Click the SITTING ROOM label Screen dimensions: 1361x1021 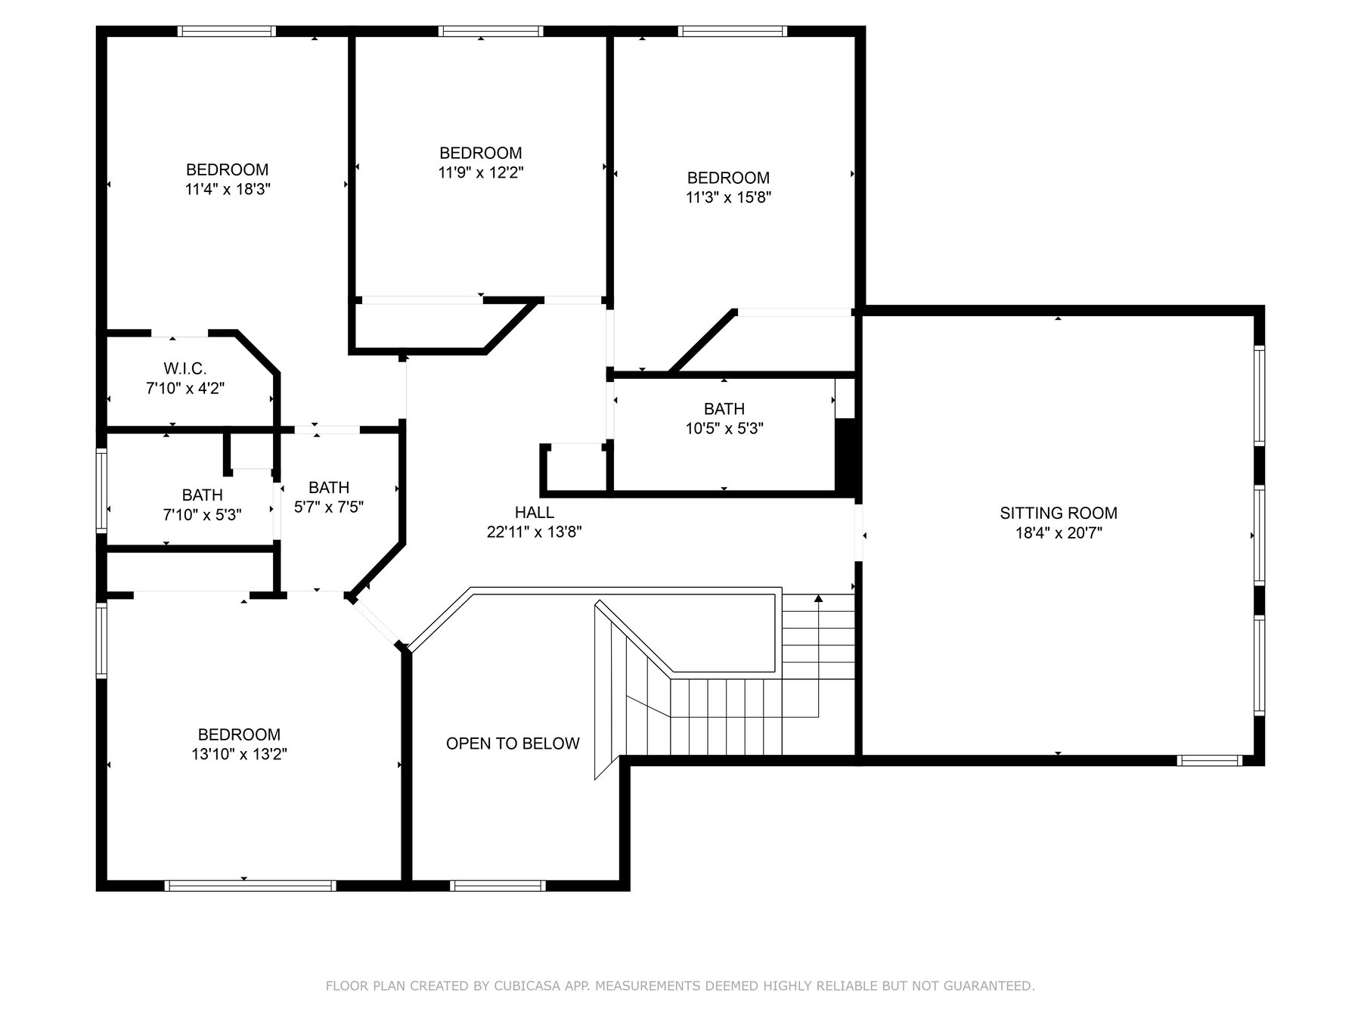pyautogui.click(x=1058, y=514)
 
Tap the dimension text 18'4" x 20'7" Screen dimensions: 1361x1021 pyautogui.click(x=1058, y=533)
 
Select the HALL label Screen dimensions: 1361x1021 pyautogui.click(x=535, y=513)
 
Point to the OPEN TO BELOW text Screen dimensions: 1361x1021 pyautogui.click(x=513, y=743)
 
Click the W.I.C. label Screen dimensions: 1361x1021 pyautogui.click(x=185, y=369)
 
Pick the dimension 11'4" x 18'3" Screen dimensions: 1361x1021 pyautogui.click(x=228, y=189)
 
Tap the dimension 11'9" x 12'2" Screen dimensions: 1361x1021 pyautogui.click(x=481, y=172)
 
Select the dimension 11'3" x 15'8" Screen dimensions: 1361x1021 pyautogui.click(x=729, y=197)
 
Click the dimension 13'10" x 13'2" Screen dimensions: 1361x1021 pyautogui.click(x=240, y=754)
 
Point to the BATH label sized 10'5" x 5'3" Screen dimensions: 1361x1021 pyautogui.click(x=724, y=409)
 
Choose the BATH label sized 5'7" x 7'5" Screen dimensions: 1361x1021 pyautogui.click(x=329, y=488)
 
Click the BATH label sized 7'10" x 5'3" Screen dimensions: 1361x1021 pyautogui.click(x=203, y=495)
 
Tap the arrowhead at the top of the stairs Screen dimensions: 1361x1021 pyautogui.click(x=818, y=598)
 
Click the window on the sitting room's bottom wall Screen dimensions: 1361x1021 pyautogui.click(x=1210, y=760)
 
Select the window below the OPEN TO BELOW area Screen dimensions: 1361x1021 pyautogui.click(x=498, y=886)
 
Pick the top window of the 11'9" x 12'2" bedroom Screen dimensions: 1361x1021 pyautogui.click(x=491, y=31)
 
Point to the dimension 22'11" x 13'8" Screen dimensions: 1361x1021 pyautogui.click(x=535, y=532)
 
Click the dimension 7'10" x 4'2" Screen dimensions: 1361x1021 pyautogui.click(x=185, y=389)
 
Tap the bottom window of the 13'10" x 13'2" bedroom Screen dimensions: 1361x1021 pyautogui.click(x=250, y=886)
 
